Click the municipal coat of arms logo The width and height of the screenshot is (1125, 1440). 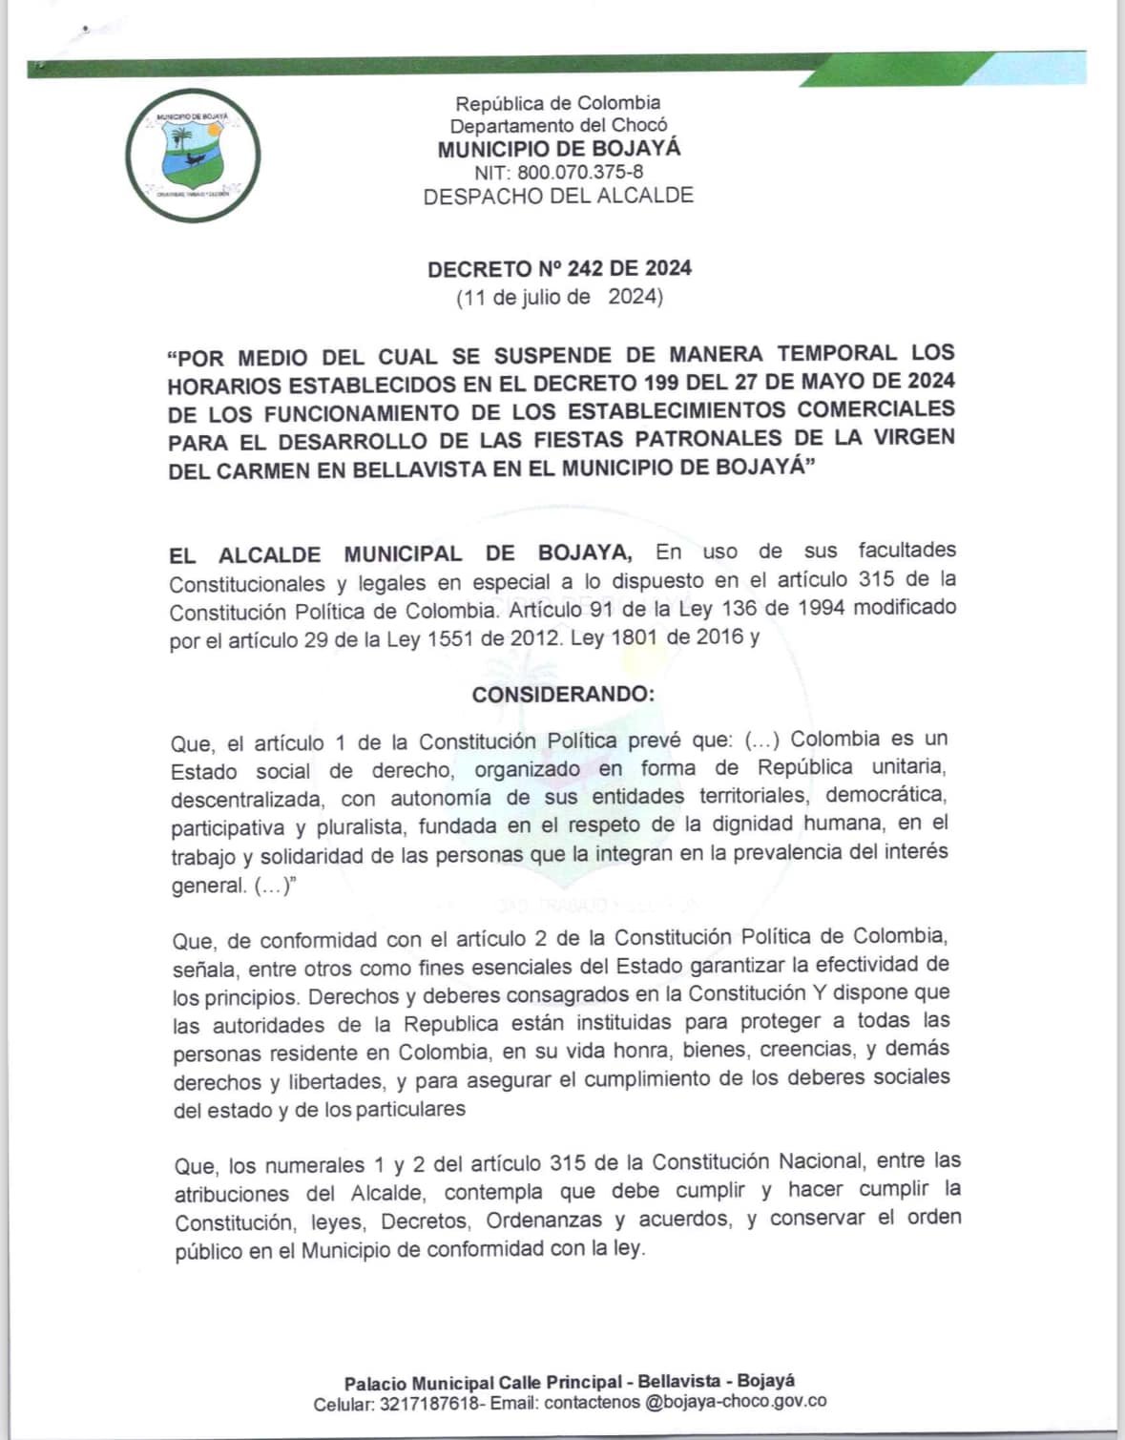click(x=193, y=155)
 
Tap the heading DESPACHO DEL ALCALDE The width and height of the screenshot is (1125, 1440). click(x=558, y=197)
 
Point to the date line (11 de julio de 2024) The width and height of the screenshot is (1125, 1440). click(x=559, y=297)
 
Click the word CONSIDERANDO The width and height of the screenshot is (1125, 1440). click(x=563, y=694)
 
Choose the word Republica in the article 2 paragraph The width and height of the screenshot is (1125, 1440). click(x=450, y=1024)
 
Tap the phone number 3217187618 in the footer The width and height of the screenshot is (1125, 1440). click(x=428, y=1404)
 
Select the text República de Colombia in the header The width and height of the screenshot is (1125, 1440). click(x=558, y=103)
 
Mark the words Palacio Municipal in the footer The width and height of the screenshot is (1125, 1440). click(x=419, y=1383)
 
